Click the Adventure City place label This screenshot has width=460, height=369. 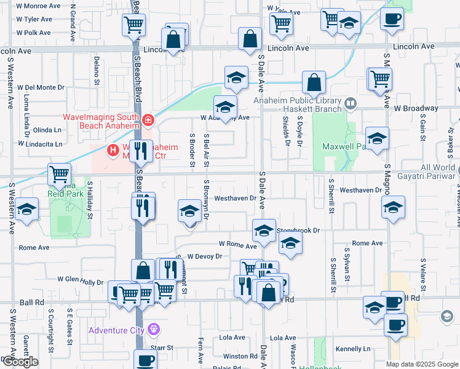116,330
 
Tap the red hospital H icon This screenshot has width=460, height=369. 113,149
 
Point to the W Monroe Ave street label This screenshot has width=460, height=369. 38,6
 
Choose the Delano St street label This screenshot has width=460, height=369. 97,69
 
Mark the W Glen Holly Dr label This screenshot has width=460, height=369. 80,279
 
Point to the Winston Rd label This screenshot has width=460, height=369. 240,356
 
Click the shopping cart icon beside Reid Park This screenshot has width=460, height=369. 59,174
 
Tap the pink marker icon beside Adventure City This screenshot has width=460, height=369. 153,330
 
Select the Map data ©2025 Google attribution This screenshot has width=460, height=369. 422,364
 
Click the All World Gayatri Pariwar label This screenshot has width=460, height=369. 438,172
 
